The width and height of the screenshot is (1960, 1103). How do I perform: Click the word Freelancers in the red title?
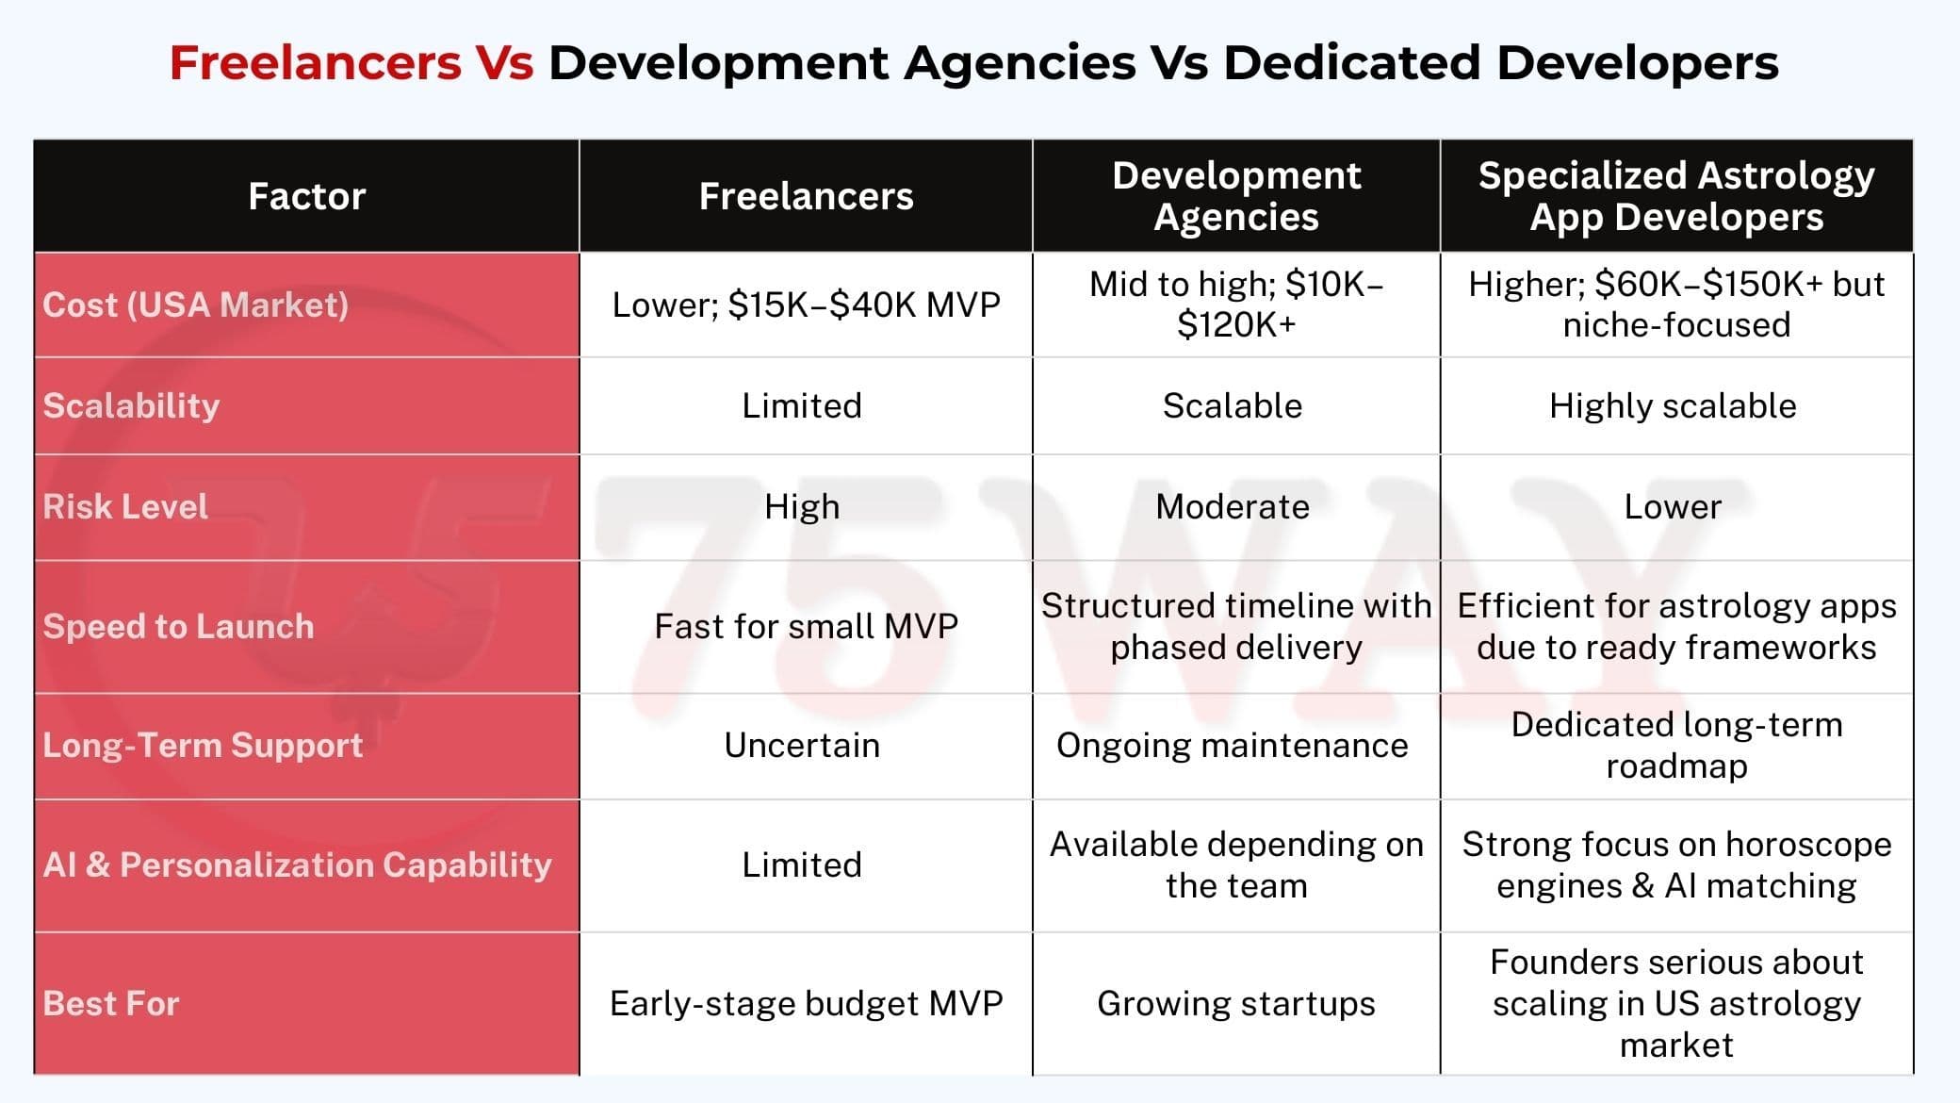315,63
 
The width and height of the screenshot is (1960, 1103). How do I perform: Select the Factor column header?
306,196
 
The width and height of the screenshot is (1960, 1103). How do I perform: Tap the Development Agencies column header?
1236,196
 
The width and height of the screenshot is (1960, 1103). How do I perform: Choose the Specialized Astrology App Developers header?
1676,196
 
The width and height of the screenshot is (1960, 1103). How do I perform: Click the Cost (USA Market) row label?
196,305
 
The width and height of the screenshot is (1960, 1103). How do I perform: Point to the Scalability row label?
131,405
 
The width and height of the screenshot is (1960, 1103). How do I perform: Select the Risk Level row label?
125,506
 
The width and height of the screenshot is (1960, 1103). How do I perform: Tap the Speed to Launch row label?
178,626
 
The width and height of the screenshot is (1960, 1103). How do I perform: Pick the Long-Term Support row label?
203,745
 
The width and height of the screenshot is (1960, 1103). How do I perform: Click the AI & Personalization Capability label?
297,864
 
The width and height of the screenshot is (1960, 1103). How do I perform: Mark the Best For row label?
111,1003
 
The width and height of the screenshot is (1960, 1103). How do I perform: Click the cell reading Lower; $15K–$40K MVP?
806,305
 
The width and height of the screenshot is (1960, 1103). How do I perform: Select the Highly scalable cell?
1673,405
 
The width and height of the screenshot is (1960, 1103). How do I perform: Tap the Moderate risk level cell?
1233,506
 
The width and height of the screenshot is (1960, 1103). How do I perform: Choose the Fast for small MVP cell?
806,626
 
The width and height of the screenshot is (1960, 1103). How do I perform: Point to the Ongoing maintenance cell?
1233,745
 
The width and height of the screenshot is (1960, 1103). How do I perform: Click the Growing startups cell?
1236,1003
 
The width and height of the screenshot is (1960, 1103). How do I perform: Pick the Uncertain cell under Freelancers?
802,745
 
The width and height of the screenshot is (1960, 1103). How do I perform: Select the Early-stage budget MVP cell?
806,1003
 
